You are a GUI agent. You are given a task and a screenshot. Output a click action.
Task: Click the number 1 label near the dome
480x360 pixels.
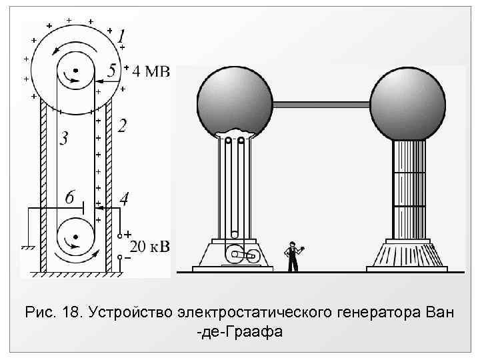coord(121,36)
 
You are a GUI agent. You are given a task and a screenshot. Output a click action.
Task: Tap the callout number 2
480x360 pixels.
coord(121,125)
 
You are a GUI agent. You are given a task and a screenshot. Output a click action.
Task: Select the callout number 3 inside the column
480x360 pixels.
coord(63,139)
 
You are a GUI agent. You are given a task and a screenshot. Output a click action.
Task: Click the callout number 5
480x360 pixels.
coord(112,69)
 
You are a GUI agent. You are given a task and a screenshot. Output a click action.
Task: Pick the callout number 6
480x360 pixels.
coord(71,197)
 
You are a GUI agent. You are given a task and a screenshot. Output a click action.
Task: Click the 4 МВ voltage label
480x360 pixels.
coord(151,71)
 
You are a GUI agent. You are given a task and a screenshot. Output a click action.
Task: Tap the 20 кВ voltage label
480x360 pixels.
coord(150,247)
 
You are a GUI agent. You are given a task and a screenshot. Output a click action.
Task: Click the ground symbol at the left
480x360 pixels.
coord(27,248)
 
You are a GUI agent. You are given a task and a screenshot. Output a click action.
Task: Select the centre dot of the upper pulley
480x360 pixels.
coord(76,70)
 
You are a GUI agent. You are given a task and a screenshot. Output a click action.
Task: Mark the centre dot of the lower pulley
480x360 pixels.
coord(75,236)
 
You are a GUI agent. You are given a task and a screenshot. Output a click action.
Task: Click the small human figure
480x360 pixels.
coord(291,256)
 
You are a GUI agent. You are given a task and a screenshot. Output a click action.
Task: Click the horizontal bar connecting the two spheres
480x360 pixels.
coord(321,104)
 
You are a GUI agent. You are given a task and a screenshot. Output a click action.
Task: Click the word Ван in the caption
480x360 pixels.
coord(436,312)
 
